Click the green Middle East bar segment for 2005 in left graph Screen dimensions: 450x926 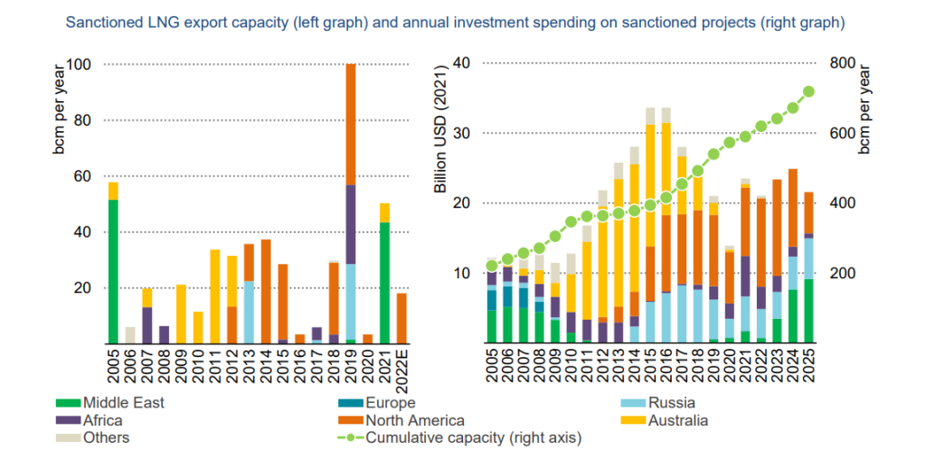(x=113, y=271)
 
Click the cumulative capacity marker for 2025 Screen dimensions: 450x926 (x=809, y=91)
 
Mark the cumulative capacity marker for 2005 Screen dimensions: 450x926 (x=492, y=266)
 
